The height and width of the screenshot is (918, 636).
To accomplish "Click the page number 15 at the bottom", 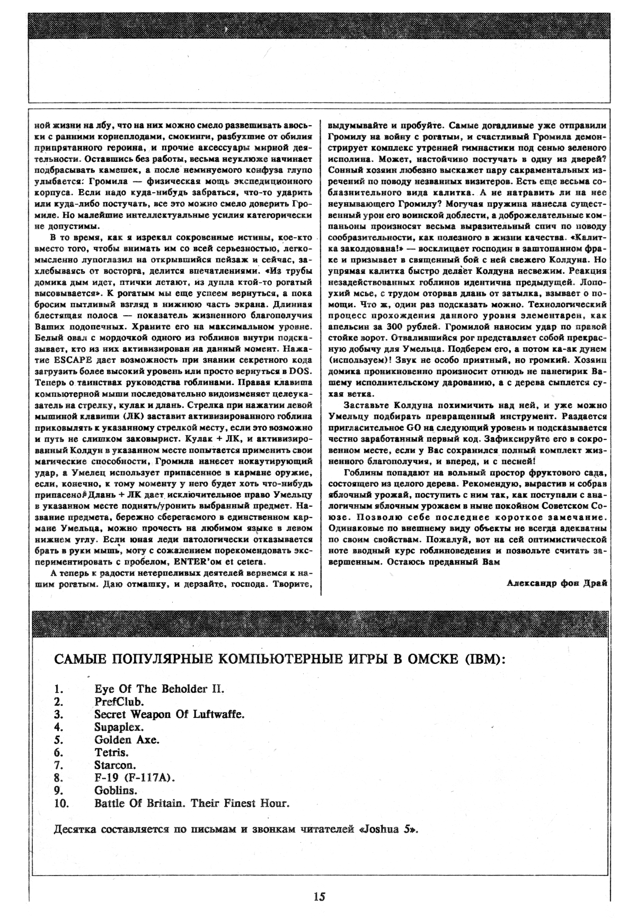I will [319, 897].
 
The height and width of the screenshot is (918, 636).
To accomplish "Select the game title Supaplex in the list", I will [119, 726].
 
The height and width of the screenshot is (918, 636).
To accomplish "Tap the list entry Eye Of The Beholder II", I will [160, 689].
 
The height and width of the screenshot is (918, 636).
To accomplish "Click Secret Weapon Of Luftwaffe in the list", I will [169, 714].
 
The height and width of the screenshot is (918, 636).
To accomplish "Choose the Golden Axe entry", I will [127, 739].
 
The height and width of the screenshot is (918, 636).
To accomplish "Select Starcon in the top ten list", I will [115, 765].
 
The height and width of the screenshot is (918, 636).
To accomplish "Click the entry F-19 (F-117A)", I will [135, 777].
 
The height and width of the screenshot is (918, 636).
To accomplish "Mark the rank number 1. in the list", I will [59, 689].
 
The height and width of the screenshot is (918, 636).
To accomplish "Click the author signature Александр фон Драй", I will [556, 582].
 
